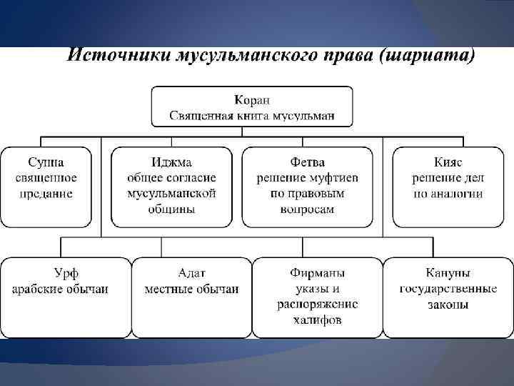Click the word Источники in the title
coord(117,56)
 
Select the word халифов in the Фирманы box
coord(317,320)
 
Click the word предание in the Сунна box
coord(46,193)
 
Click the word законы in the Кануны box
coord(448,305)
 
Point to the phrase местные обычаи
coord(191,289)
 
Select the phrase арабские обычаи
coord(61,289)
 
